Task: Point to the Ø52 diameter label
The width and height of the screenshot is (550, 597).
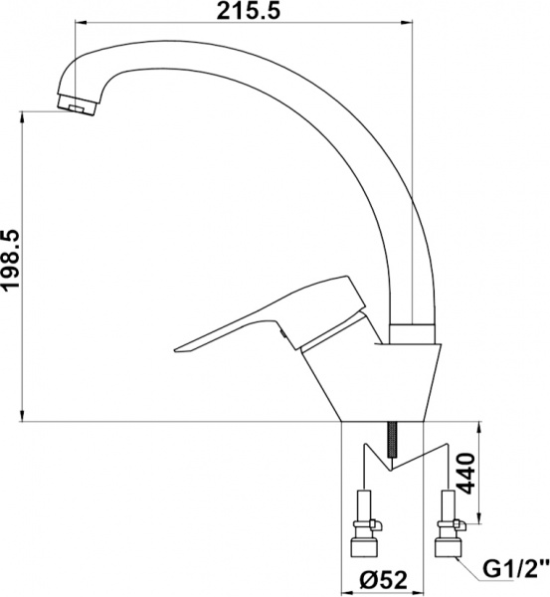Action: point(384,576)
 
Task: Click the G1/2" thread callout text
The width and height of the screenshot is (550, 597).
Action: point(515,571)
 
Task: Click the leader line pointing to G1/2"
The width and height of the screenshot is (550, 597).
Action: point(467,566)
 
